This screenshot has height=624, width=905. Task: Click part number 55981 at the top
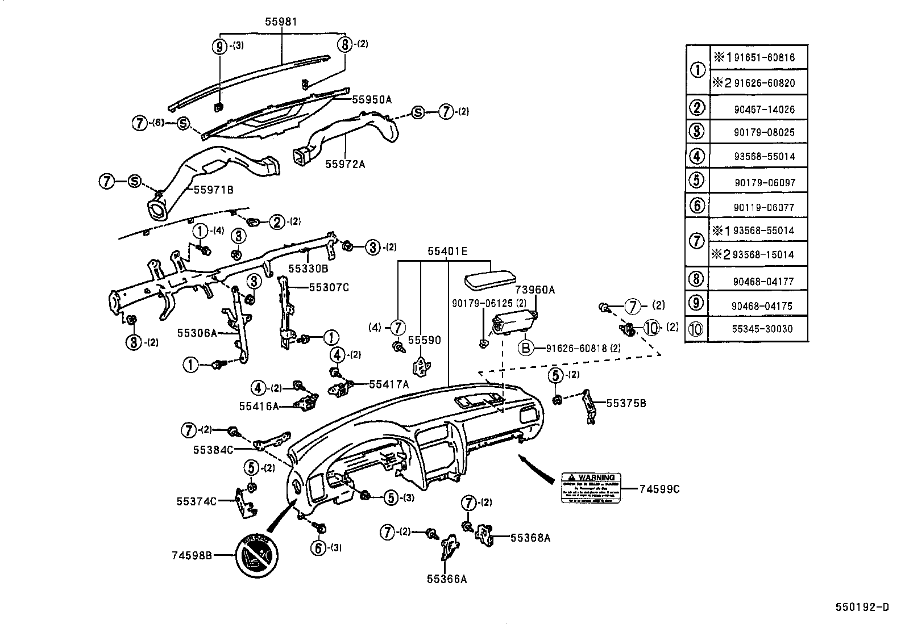click(x=281, y=22)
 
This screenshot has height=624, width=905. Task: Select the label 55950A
click(x=372, y=99)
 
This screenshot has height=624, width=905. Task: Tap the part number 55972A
click(x=345, y=164)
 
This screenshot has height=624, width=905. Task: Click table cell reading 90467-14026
click(x=763, y=109)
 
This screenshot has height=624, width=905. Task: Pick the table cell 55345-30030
click(x=762, y=329)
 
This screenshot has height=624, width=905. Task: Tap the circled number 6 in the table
click(x=697, y=206)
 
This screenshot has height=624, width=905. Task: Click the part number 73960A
click(x=535, y=290)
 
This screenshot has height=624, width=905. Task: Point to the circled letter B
click(x=526, y=347)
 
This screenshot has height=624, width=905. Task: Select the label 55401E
click(x=448, y=250)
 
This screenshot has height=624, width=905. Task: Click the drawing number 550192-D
click(x=862, y=607)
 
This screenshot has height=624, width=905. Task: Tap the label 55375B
click(x=626, y=403)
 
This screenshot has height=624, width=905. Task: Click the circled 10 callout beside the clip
click(x=651, y=327)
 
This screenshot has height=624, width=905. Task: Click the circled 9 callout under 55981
click(x=220, y=46)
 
